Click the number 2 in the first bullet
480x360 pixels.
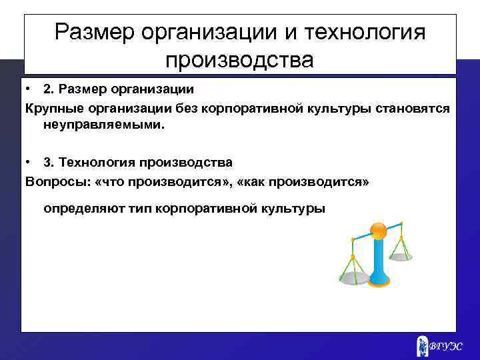click(47, 89)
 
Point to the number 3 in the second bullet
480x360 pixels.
click(47, 162)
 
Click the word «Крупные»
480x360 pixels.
click(51, 108)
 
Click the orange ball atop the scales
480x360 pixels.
click(378, 231)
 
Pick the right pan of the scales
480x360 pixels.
click(401, 254)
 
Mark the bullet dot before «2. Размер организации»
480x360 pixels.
click(28, 89)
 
